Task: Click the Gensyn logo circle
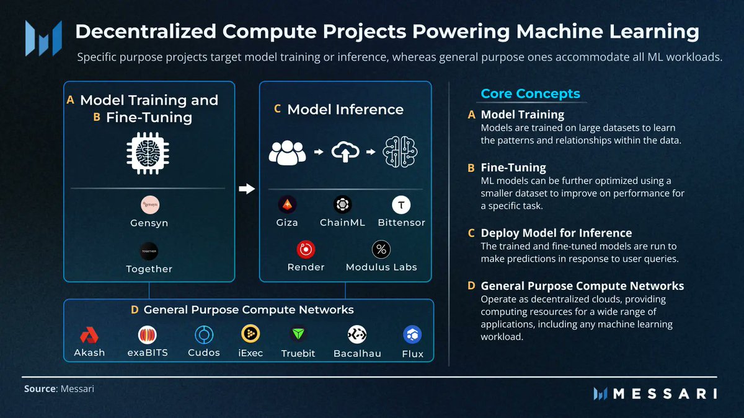pos(149,205)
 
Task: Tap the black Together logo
pos(149,251)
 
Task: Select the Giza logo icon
pos(287,204)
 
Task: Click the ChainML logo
pos(342,204)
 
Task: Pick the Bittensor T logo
pos(402,204)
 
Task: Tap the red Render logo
pos(306,250)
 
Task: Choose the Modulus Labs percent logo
pos(381,250)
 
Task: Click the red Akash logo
pos(90,335)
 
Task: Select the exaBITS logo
pos(147,335)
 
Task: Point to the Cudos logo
pos(204,335)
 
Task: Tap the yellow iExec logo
pos(250,334)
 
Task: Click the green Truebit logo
pos(299,334)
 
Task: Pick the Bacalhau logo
pos(357,334)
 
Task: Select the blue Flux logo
pos(412,335)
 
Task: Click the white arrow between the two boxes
pos(247,189)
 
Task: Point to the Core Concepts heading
pos(530,94)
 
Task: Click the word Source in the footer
pos(40,389)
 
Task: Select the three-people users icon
pos(288,152)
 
